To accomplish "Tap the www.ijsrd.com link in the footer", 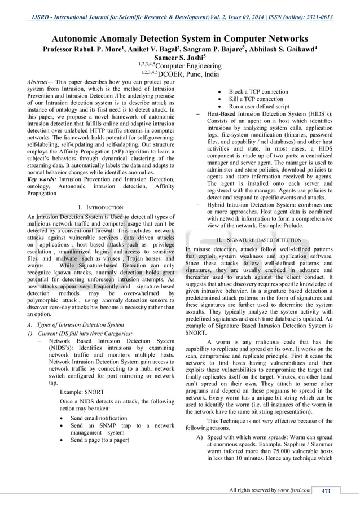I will pyautogui.click(x=295, y=489).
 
